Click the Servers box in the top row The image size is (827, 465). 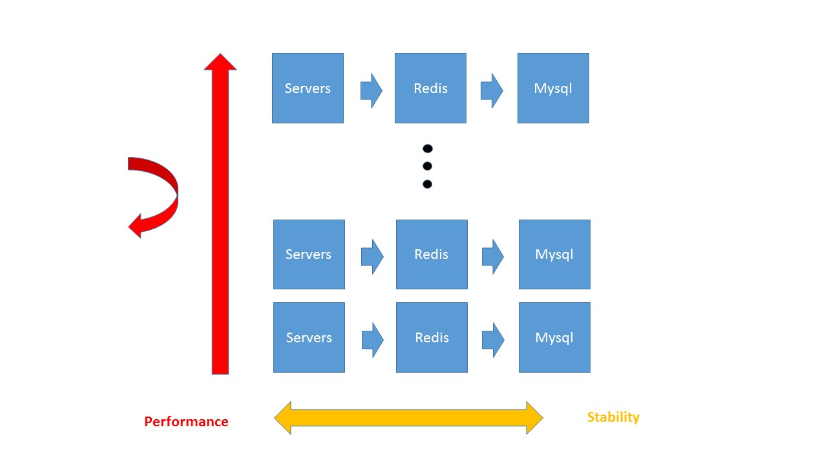[x=308, y=88]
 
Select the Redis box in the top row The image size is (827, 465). [x=430, y=88]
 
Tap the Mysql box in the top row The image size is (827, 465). [x=553, y=88]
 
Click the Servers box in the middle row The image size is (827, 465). [x=309, y=254]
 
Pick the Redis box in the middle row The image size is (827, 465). [x=432, y=254]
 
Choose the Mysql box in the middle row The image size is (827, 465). [x=554, y=254]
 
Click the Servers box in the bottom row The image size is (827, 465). [x=309, y=337]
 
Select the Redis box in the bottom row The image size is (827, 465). [x=432, y=337]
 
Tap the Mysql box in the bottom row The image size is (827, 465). [x=554, y=337]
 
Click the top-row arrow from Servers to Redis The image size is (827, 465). [x=372, y=91]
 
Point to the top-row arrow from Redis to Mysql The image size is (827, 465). [x=492, y=91]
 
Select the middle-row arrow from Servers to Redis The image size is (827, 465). [x=372, y=257]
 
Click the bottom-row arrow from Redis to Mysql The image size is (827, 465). [x=493, y=340]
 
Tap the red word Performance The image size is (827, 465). [x=186, y=422]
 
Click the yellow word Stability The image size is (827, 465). [x=613, y=417]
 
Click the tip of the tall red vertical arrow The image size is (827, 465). [x=220, y=54]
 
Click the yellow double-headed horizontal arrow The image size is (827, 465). [x=408, y=418]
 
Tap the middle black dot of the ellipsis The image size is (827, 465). [x=427, y=166]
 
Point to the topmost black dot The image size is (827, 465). [x=428, y=149]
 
